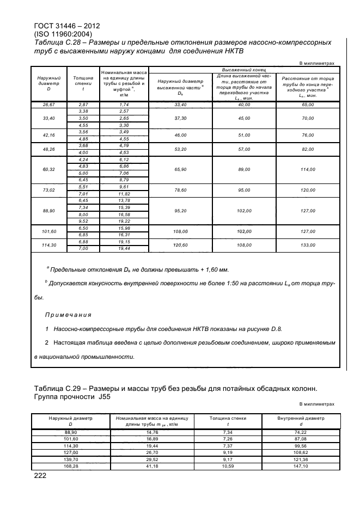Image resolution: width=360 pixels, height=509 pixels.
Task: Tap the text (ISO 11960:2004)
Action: coord(64,34)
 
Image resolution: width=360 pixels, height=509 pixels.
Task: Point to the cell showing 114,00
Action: coord(308,170)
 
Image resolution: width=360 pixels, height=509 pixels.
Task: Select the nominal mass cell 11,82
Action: coord(124,193)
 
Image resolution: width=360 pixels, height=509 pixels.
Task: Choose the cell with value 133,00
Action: coord(308,245)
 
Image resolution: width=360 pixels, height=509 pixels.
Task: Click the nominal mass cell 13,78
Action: coord(124,200)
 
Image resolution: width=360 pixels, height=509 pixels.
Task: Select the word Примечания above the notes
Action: coord(68,315)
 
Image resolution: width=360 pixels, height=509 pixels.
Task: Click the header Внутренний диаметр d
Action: coord(297,421)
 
